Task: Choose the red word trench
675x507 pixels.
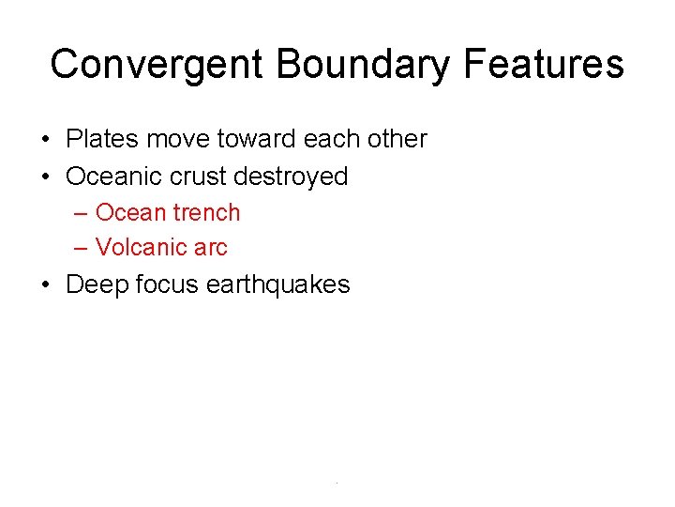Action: [206, 212]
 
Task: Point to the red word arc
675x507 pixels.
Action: [211, 248]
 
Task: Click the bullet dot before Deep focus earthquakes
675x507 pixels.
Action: [46, 285]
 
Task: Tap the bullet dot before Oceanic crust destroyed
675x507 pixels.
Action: [46, 177]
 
